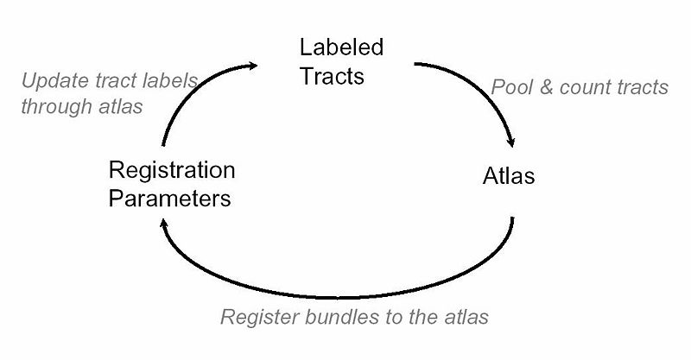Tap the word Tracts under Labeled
333,76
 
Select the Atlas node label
508,177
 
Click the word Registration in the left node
172,168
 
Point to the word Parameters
170,198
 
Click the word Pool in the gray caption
510,87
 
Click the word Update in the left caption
51,83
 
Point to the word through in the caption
54,108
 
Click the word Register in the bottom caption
255,317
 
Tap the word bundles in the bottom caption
330,317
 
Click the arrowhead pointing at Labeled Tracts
255,64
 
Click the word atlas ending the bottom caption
467,317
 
